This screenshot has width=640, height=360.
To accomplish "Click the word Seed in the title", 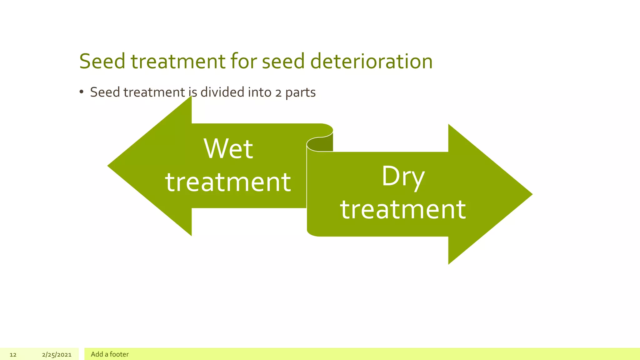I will pos(102,61).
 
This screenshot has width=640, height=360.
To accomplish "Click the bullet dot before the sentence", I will pos(82,92).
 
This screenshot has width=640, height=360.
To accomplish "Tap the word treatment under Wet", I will pos(228,182).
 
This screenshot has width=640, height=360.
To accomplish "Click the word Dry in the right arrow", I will pos(403,177).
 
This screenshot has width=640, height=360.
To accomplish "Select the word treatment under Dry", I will pos(403,209).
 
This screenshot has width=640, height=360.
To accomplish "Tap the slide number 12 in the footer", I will pos(13,355).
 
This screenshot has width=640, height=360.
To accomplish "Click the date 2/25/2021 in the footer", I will pos(57,355).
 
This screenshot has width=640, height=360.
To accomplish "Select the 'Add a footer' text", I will pos(110,354).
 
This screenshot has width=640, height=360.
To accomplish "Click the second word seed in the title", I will pos(283,61).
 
